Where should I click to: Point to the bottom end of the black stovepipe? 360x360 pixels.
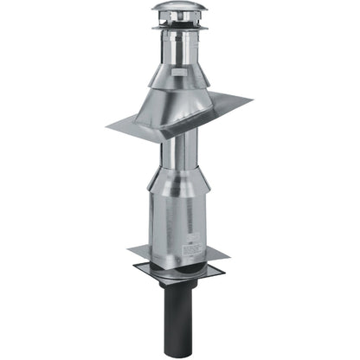pos(177,353)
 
